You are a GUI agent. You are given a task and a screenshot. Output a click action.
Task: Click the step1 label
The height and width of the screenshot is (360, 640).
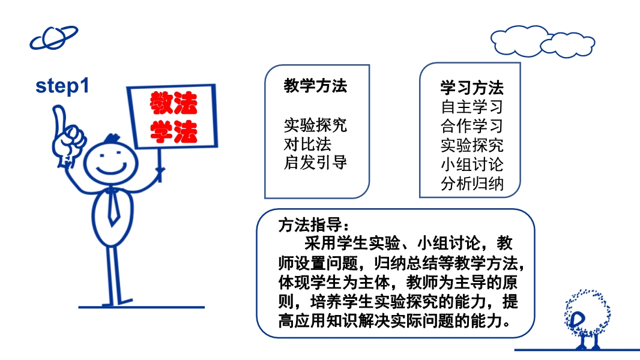point(62,86)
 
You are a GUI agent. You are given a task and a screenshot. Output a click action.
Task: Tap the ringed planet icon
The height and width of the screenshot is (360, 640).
point(53,38)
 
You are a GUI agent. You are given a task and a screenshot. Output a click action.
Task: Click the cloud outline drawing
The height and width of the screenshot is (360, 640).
point(543,41)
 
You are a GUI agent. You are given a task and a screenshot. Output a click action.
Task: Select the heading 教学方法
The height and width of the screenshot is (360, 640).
point(315,86)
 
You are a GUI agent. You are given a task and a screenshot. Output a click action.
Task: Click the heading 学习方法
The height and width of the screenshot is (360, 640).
point(472,88)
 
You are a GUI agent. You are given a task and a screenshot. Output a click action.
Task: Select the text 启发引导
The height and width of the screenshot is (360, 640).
point(315,162)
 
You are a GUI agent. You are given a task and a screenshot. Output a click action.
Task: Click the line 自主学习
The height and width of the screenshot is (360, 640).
point(472,107)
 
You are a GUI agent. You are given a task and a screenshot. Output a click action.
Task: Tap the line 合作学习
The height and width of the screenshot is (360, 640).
point(472,126)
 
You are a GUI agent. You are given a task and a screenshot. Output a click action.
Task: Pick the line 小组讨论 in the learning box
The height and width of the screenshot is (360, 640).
point(472,165)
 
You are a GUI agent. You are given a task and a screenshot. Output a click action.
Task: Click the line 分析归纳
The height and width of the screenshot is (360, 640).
point(472,184)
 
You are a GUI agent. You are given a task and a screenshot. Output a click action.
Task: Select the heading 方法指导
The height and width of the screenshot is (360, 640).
point(313,224)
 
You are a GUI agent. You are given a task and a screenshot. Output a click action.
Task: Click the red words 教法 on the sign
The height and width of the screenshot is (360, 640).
point(174,103)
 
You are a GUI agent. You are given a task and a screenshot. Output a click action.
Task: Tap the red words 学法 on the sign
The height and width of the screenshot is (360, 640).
point(174,131)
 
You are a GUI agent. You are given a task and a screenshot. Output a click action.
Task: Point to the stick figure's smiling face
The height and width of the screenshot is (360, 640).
point(110,163)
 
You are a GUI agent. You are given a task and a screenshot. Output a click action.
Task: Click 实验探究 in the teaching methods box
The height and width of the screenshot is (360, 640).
point(315,125)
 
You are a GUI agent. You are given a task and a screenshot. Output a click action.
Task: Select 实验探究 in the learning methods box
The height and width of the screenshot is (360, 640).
point(472,145)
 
